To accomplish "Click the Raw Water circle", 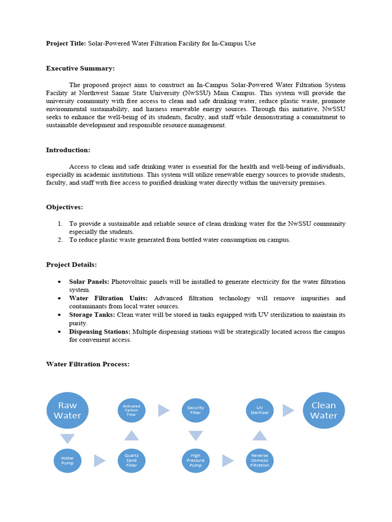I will (x=67, y=410).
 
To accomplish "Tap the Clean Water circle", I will (x=324, y=410).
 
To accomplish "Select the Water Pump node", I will (x=67, y=460).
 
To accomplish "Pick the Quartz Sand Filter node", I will (x=131, y=460).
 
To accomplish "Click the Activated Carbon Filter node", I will (x=131, y=410).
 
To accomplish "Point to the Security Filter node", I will (x=195, y=410).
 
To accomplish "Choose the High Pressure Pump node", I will (x=195, y=460).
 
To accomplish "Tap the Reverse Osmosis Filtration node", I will (x=259, y=460).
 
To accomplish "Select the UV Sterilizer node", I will (x=259, y=410).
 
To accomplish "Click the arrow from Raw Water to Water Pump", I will (x=67, y=438).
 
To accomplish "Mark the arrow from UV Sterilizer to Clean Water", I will (x=288, y=410).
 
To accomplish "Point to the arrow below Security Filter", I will (x=195, y=436).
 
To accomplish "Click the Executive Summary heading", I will (x=80, y=68).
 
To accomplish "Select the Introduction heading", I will (x=68, y=150).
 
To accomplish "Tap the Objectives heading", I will (x=64, y=207).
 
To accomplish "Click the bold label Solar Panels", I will (x=89, y=281).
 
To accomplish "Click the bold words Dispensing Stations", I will (x=100, y=331).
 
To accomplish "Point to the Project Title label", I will (x=66, y=44).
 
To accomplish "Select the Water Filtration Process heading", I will (x=88, y=364).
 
